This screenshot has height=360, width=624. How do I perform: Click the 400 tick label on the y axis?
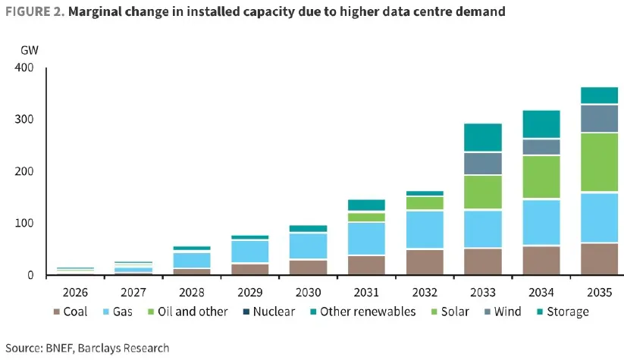point(24,68)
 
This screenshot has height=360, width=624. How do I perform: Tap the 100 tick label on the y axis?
point(24,224)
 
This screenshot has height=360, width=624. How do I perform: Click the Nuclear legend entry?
point(272,311)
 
